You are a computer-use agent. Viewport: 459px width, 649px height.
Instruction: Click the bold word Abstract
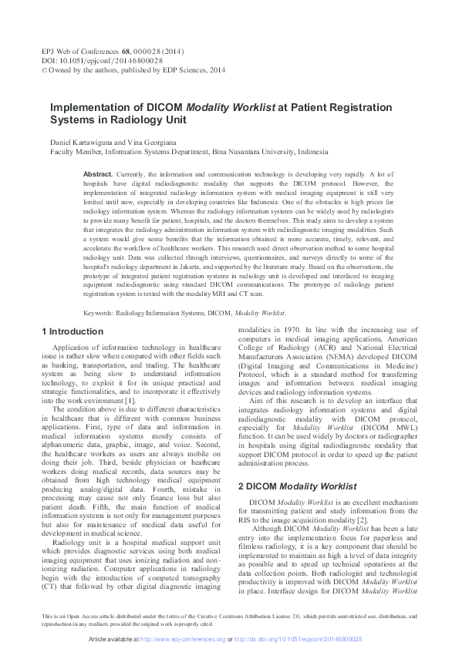pyautogui.click(x=97, y=175)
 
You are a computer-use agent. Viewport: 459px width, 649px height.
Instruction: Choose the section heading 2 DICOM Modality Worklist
pyautogui.click(x=297, y=487)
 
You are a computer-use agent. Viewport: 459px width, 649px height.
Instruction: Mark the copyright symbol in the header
pyautogui.click(x=43, y=69)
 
